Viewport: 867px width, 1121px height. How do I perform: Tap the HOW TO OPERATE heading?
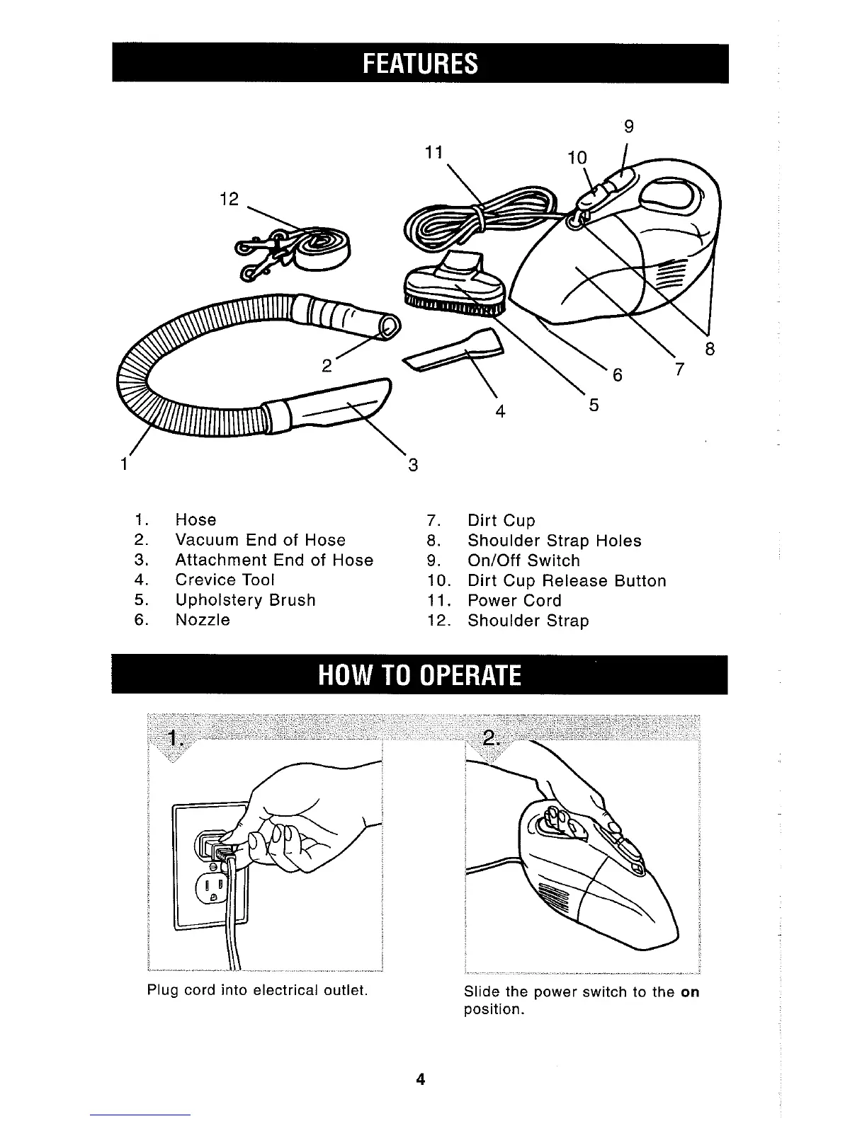420,675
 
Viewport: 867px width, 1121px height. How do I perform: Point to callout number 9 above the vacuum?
628,127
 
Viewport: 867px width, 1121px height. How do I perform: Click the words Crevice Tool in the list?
225,580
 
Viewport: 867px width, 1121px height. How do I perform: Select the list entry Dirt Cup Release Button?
567,581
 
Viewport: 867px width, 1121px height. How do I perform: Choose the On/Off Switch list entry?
523,560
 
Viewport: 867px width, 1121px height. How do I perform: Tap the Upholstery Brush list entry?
245,599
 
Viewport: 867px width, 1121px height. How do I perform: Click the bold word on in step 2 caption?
689,991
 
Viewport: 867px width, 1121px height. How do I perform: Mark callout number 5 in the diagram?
594,405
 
